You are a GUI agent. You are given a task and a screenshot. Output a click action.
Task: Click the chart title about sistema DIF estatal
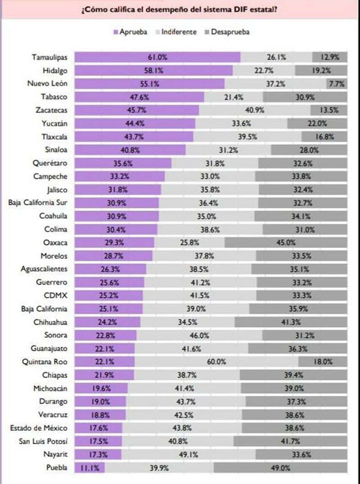[x=179, y=9]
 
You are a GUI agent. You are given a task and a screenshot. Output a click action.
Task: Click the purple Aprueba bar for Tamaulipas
[x=157, y=57]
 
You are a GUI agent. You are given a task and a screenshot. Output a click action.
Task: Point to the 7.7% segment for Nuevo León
[x=337, y=83]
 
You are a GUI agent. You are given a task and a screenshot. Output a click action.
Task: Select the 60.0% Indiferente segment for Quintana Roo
[x=216, y=362]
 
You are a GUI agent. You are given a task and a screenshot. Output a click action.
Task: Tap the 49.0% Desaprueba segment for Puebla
[x=280, y=468]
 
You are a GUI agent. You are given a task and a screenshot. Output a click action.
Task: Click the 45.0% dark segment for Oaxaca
[x=286, y=243]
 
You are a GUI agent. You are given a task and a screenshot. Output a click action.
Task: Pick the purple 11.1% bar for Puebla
[x=90, y=468]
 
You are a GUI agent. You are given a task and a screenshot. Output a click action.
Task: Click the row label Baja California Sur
[x=38, y=203]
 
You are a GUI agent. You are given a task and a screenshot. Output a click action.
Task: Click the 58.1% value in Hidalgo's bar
[x=153, y=70]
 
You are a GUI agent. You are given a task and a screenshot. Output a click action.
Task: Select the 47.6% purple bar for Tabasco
[x=139, y=97]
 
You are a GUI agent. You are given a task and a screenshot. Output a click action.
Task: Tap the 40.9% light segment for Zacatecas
[x=255, y=110]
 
